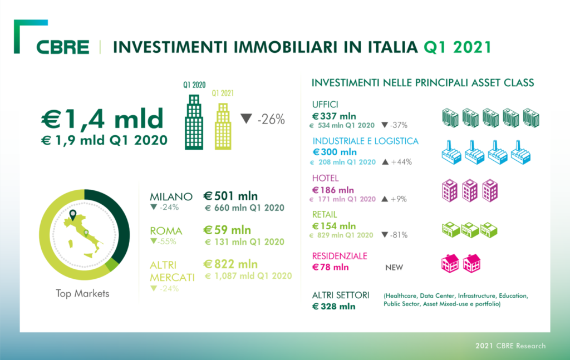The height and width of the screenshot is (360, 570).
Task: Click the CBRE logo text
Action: pos(63,47)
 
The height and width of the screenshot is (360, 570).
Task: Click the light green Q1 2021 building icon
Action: pos(223,127)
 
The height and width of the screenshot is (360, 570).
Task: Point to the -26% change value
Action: pos(271,119)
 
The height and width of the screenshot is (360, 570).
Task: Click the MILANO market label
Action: pos(171,196)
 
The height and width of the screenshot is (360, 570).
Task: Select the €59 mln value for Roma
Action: pos(227,230)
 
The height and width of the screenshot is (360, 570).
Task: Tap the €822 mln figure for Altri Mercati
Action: pos(230,264)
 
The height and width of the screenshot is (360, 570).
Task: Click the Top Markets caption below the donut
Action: pos(83,293)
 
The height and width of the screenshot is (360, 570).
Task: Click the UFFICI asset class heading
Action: pos(326,104)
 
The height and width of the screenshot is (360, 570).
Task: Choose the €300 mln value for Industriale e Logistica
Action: pos(335,152)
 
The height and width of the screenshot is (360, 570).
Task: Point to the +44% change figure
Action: pos(399,162)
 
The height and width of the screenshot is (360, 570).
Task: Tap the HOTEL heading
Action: pos(325,178)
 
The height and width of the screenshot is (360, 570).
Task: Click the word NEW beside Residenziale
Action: pos(394,267)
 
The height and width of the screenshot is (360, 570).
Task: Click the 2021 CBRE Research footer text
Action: pos(510,346)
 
